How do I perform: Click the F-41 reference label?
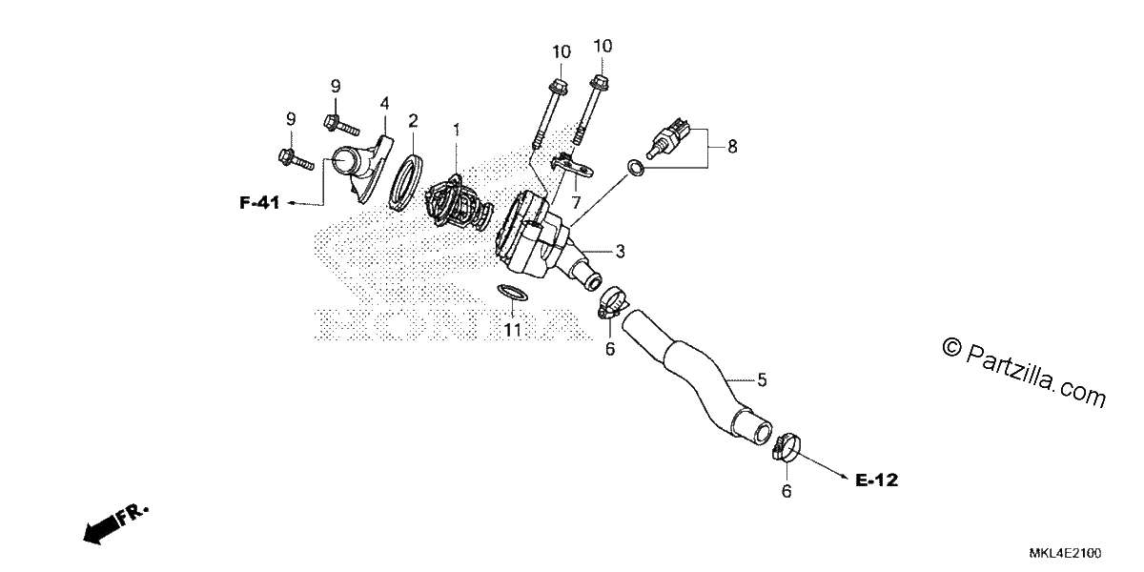tap(259, 203)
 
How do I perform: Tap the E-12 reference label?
tap(876, 480)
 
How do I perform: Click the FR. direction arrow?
tap(115, 524)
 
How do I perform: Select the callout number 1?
tap(457, 130)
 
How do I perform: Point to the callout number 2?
tap(413, 121)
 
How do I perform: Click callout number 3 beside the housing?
tap(620, 252)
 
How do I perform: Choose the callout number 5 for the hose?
tap(762, 380)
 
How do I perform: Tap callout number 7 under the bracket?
tap(576, 203)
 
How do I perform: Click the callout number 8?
tap(732, 147)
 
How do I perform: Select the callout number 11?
tap(513, 330)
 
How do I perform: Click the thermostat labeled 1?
tap(458, 208)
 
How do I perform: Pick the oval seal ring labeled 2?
tap(406, 183)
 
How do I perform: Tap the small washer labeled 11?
tap(512, 294)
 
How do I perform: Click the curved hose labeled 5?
tap(697, 375)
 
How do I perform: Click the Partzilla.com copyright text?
tap(1024, 373)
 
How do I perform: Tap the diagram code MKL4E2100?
tap(1066, 553)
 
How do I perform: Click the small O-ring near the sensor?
tap(635, 168)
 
